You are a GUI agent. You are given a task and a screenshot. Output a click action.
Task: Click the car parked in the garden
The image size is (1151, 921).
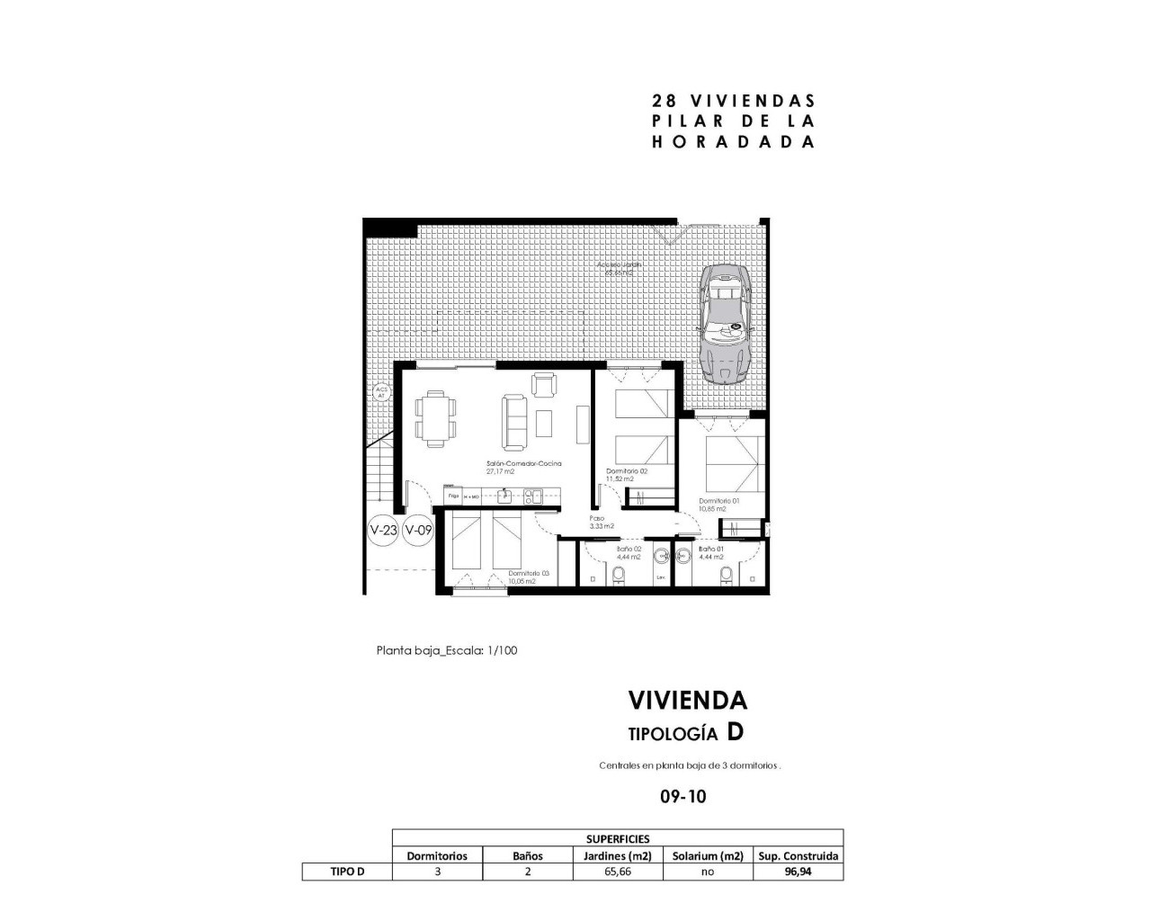[726, 324]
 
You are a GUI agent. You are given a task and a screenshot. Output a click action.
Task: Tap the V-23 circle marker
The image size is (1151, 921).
[384, 531]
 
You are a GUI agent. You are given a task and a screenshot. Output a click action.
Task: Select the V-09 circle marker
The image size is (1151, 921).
[418, 531]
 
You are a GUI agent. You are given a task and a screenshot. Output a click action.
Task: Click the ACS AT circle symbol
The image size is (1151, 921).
[380, 392]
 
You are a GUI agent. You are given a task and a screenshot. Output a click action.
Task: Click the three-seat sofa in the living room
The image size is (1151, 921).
[515, 422]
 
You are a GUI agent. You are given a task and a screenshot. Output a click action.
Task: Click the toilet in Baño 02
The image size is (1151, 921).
[619, 575]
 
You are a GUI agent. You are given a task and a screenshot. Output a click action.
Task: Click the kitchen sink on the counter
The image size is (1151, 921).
[506, 495]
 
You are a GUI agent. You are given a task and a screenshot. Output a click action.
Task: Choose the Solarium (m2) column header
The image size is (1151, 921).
[708, 855]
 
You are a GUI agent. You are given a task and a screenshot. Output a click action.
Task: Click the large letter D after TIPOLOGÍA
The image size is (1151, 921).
[736, 732]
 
